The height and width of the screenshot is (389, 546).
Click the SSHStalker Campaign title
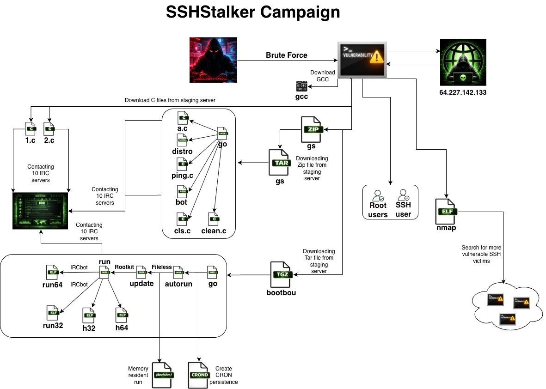[x=253, y=12]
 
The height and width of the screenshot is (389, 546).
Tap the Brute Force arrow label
[x=286, y=55]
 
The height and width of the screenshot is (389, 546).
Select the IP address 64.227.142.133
[x=463, y=92]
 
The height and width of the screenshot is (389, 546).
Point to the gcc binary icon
[x=301, y=86]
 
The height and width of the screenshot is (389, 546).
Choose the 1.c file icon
[x=31, y=128]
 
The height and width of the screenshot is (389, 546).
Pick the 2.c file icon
[x=49, y=128]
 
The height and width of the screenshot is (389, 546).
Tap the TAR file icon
[x=280, y=163]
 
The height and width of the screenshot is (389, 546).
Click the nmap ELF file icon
[x=446, y=212]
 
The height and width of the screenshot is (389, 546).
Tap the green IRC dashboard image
[x=41, y=211]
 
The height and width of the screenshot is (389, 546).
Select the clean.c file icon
[x=214, y=219]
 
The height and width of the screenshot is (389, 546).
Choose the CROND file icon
[x=199, y=375]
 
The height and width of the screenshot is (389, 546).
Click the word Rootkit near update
[x=124, y=267]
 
